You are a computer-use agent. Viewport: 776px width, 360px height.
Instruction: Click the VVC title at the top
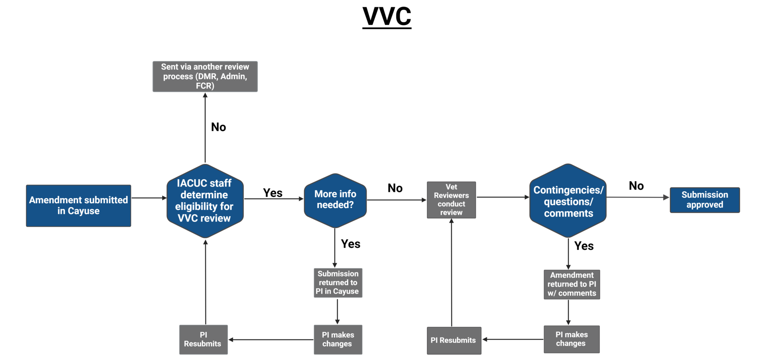387,16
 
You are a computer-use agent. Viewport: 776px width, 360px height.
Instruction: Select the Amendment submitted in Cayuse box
78,206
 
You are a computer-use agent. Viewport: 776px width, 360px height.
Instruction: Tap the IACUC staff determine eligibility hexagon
205,201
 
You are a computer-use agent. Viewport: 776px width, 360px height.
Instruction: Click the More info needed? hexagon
335,200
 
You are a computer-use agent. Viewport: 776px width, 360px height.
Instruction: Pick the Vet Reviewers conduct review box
451,200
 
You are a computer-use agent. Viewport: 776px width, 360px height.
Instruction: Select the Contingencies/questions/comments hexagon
568,201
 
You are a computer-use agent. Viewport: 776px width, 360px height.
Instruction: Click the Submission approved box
705,200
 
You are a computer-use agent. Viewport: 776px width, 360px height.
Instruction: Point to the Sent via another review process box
205,76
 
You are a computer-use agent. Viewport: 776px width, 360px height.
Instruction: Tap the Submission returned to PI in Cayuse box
338,283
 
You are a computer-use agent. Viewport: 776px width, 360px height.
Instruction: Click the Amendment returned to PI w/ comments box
572,284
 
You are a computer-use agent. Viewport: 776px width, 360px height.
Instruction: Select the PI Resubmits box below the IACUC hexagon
203,339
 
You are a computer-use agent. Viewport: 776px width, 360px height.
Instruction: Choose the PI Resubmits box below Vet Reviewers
454,340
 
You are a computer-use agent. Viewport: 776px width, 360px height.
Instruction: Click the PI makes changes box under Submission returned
338,339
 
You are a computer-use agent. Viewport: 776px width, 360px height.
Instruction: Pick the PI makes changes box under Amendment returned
572,339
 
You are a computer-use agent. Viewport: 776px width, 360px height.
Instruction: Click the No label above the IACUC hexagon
218,127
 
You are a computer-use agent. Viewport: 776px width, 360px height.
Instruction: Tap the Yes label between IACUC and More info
273,193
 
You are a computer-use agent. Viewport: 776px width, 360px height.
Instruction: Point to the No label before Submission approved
636,186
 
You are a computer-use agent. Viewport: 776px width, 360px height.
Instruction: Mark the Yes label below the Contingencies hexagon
584,246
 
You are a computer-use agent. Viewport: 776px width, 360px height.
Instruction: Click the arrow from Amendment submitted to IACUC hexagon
149,198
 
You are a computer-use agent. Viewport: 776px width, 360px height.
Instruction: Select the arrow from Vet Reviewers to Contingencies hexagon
503,197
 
